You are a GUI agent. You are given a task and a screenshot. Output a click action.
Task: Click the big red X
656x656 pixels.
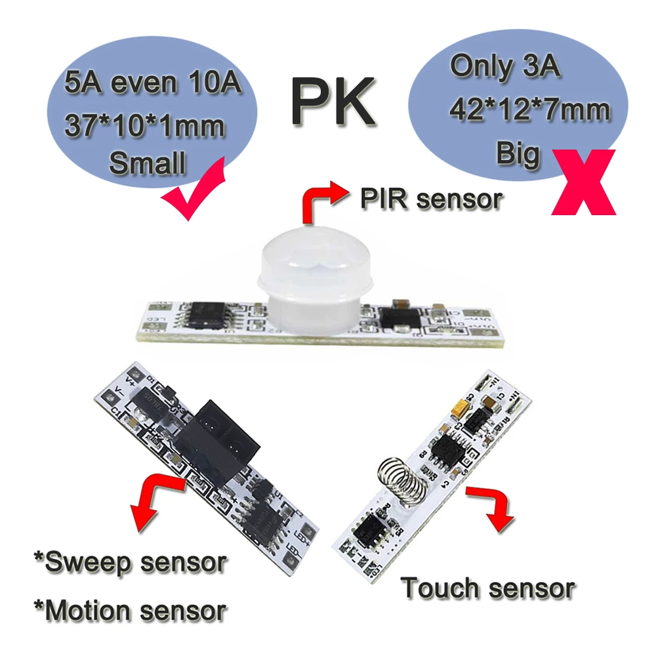(583, 182)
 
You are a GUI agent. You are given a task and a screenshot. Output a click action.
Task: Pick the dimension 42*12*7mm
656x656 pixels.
(530, 110)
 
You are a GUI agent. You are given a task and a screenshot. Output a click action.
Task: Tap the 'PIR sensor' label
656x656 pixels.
(431, 199)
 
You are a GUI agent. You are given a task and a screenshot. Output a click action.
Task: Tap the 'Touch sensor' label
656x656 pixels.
(489, 588)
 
